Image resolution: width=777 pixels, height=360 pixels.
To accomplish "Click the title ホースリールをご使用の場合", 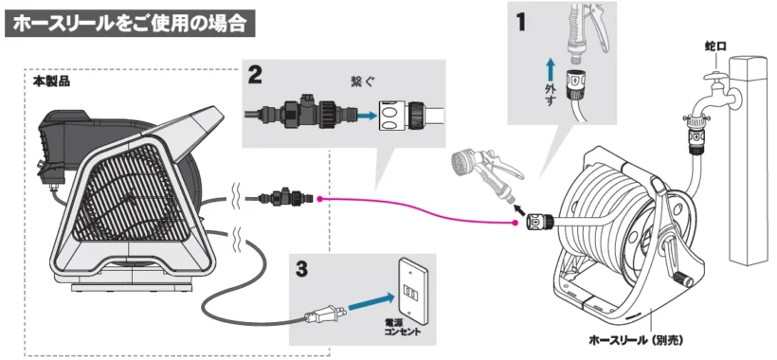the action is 130,24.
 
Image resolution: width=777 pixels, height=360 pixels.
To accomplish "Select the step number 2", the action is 256,75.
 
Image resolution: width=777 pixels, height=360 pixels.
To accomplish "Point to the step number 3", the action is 300,270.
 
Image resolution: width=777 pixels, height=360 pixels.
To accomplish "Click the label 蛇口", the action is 715,46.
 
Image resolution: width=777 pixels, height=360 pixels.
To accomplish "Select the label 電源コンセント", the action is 402,327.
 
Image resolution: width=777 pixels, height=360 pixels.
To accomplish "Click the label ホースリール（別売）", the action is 636,341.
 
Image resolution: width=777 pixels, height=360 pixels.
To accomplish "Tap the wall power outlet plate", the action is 409,288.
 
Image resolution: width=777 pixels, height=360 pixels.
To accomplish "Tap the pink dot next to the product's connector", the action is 320,199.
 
